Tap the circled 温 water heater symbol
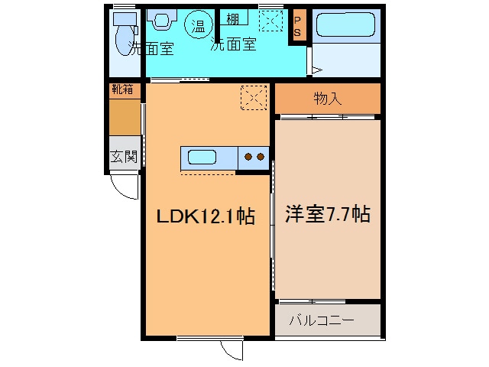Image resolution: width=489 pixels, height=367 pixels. [198, 25]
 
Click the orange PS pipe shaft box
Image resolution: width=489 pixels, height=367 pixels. [298, 25]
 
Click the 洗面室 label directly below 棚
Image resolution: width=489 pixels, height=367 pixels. [232, 44]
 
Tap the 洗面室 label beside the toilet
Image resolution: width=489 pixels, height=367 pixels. [151, 50]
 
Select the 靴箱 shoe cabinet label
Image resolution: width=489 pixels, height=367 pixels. [122, 89]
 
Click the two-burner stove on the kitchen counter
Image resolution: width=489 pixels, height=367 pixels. [254, 158]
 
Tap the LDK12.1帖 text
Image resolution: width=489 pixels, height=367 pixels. [205, 216]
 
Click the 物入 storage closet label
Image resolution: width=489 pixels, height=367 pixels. [327, 98]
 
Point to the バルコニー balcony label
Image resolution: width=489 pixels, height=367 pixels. [321, 320]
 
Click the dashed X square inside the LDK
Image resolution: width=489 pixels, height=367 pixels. [253, 97]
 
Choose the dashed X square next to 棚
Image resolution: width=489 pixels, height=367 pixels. [270, 21]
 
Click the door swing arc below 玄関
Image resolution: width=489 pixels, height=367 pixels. [125, 187]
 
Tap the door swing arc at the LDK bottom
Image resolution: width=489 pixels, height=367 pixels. [232, 349]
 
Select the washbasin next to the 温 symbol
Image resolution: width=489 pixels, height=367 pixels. [162, 21]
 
